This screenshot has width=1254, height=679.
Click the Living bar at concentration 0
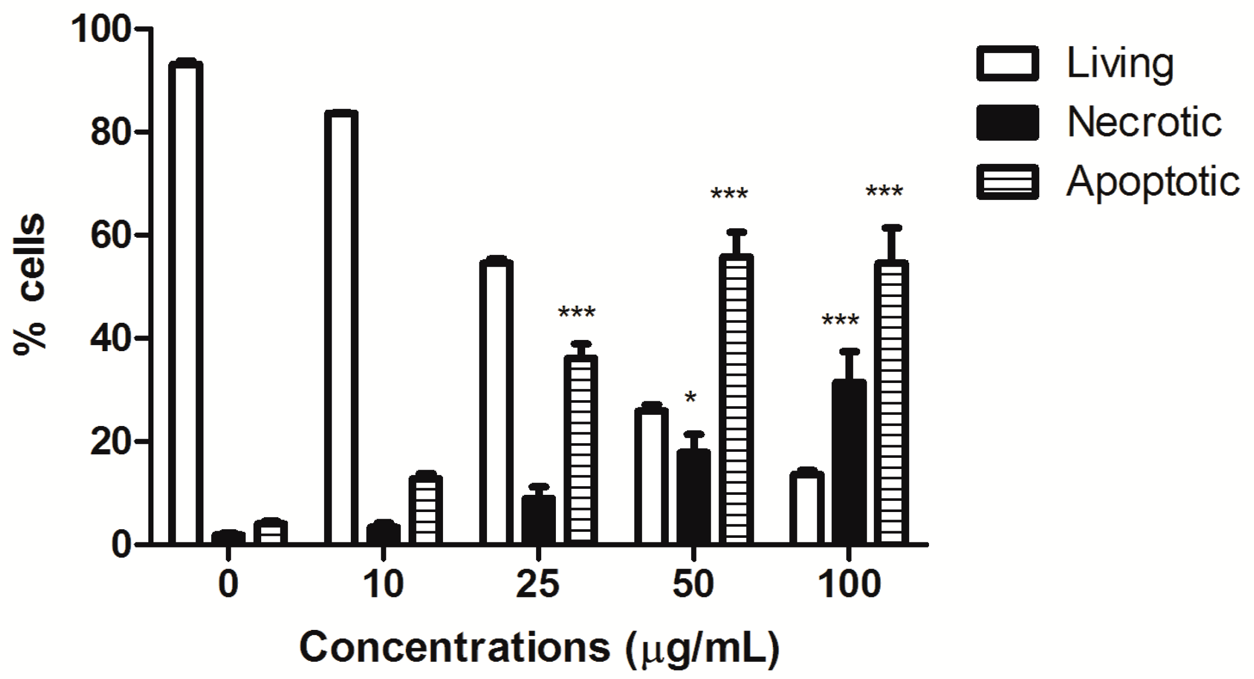[x=185, y=304]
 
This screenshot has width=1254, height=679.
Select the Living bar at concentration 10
[x=341, y=329]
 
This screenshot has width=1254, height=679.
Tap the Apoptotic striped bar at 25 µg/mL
[x=581, y=450]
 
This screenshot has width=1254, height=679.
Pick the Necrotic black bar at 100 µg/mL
[x=849, y=463]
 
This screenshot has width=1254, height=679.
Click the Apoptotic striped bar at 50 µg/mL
[x=736, y=400]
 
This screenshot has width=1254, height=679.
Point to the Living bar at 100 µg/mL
[x=807, y=508]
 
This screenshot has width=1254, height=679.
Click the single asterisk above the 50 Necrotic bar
[x=691, y=398]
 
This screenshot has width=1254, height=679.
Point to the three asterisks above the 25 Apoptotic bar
[x=577, y=313]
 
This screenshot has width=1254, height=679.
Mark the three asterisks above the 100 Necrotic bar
[x=840, y=320]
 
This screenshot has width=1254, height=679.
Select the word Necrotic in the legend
[x=1144, y=123]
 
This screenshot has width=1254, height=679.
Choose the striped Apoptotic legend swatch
[x=1007, y=182]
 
